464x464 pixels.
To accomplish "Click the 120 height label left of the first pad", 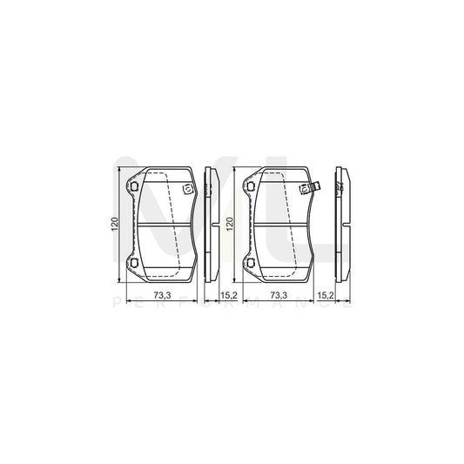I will click(x=112, y=225).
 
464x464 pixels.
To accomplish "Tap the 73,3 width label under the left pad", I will click(x=162, y=298).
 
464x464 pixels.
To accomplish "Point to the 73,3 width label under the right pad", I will click(x=279, y=298).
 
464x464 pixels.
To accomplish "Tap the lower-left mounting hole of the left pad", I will click(x=132, y=264).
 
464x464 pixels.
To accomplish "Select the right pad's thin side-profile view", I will click(x=342, y=224).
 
